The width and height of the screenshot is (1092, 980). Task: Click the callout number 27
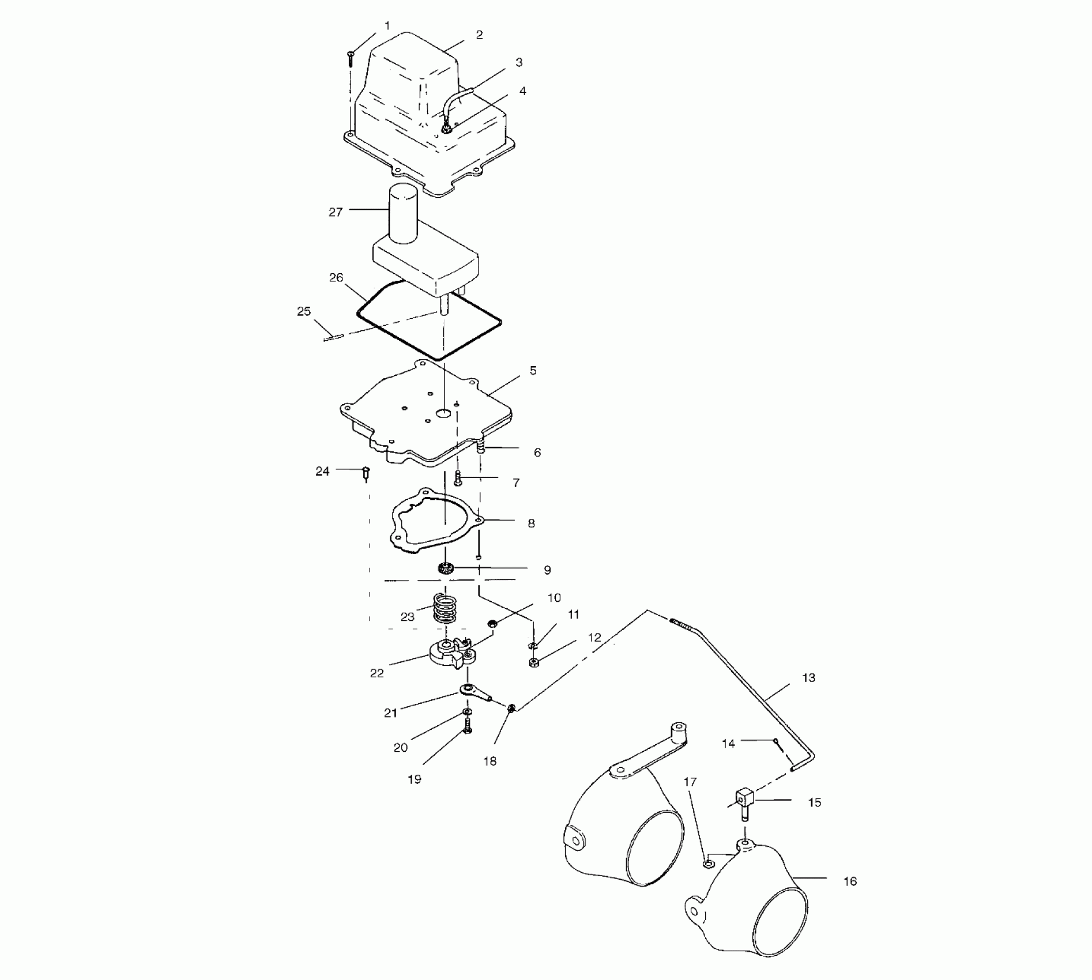point(336,212)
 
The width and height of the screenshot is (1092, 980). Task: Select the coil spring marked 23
point(445,609)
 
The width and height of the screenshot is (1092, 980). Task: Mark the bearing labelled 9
point(445,568)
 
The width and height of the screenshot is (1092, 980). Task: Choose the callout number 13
point(808,678)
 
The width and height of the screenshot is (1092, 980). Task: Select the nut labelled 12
point(534,662)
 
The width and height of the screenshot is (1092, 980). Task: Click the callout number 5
point(533,371)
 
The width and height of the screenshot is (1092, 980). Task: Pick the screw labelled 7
point(458,478)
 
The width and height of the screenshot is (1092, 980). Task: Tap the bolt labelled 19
point(468,730)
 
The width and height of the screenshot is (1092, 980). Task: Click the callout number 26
point(336,278)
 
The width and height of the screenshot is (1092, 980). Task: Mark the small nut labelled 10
point(492,624)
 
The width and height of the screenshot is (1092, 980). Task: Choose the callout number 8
point(531,523)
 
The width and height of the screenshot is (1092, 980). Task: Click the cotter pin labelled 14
point(778,744)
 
